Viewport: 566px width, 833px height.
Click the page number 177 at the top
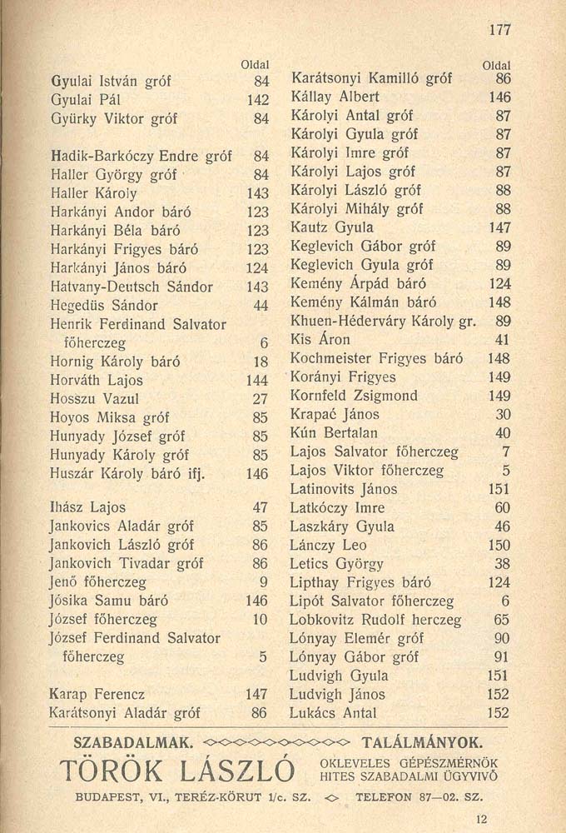coord(499,30)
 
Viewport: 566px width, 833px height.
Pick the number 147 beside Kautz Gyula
coord(499,227)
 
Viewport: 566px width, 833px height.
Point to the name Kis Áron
coord(320,340)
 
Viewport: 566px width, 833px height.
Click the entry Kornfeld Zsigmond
coord(354,396)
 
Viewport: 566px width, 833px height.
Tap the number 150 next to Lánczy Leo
coord(498,546)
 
